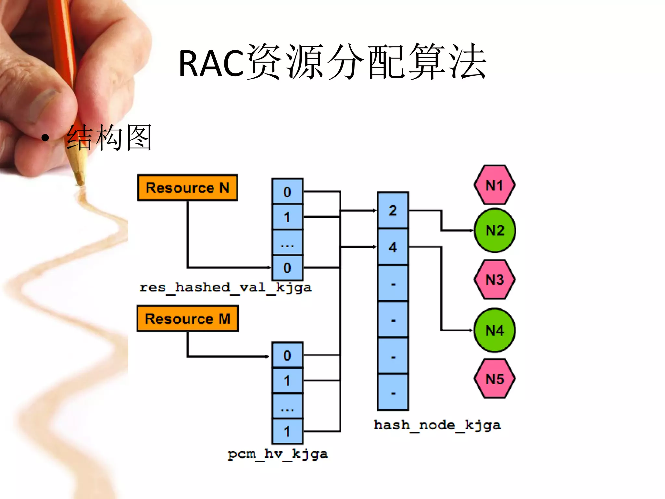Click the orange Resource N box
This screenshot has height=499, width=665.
(x=187, y=188)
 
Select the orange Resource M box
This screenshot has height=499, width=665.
(x=187, y=319)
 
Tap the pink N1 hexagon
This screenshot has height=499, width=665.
(x=495, y=185)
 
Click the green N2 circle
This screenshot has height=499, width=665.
(x=495, y=231)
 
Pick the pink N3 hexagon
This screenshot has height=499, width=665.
(x=495, y=279)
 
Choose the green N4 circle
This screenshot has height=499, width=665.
(x=495, y=330)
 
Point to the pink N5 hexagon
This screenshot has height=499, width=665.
(x=495, y=379)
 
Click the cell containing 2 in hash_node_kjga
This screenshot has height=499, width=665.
(x=393, y=211)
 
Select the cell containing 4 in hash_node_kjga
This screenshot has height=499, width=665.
(x=393, y=247)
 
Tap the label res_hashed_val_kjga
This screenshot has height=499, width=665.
(x=225, y=288)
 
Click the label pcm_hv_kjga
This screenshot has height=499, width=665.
(x=278, y=454)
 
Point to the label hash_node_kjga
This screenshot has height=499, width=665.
(x=437, y=425)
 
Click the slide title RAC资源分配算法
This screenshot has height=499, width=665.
(x=332, y=62)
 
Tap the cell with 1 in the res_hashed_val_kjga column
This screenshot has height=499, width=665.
(x=287, y=217)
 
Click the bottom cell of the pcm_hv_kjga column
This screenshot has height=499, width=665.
(x=287, y=431)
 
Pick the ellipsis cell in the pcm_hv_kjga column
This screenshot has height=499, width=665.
(x=287, y=406)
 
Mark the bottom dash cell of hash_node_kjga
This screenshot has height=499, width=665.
(x=393, y=392)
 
